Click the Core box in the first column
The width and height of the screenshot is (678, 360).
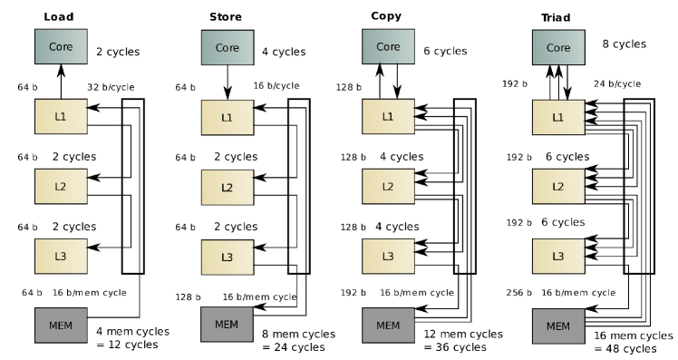click(61, 46)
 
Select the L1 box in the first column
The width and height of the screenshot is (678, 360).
click(61, 116)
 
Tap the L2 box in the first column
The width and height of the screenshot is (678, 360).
click(61, 186)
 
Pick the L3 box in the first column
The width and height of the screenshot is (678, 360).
click(61, 256)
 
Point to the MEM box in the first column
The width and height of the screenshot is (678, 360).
click(61, 325)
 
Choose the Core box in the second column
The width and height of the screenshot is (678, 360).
click(227, 47)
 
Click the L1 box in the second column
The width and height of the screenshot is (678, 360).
click(227, 117)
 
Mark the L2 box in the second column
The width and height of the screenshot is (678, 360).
click(227, 187)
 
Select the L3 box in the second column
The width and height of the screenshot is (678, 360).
click(227, 257)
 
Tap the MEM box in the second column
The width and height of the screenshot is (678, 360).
click(227, 324)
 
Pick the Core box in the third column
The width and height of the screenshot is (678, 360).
click(388, 46)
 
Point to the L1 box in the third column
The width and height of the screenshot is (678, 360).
click(388, 116)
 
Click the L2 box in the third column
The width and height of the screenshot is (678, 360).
click(388, 186)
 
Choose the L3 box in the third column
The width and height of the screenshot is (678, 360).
click(388, 256)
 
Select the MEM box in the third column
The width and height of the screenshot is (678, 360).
click(388, 325)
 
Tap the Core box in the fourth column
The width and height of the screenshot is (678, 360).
click(558, 47)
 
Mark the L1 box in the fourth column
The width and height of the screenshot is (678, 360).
click(558, 117)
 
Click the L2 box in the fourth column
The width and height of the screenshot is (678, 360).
click(558, 186)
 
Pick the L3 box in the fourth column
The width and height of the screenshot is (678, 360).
click(558, 256)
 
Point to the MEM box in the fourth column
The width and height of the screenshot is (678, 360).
click(558, 326)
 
